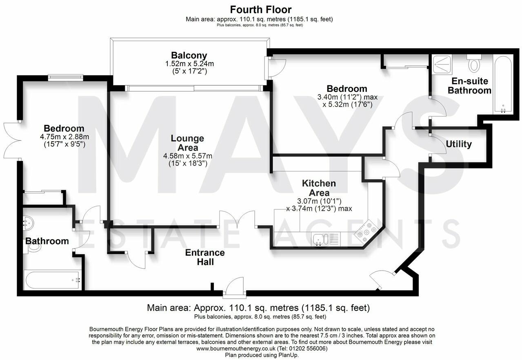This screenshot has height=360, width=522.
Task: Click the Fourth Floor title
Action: point(261,9)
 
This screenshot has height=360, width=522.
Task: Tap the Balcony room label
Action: point(189,56)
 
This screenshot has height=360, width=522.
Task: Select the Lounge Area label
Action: point(187,143)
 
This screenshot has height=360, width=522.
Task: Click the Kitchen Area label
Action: point(319,188)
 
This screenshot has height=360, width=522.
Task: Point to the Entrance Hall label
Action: point(205,257)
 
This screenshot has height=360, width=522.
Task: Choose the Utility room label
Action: point(459,144)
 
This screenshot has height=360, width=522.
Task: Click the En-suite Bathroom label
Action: point(469,86)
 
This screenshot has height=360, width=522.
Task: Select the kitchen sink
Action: point(319,238)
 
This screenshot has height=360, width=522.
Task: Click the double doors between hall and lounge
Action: point(238,220)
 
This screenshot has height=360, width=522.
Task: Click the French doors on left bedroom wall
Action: point(12,140)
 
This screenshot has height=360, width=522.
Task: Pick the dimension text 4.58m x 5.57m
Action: point(189,156)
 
